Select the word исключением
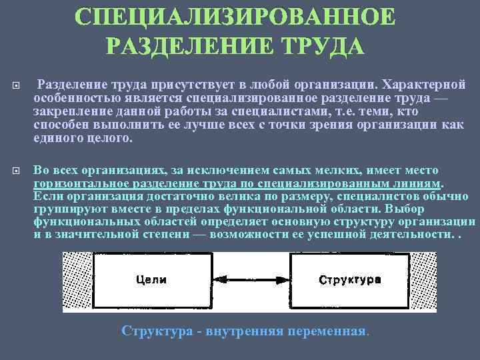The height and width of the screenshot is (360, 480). (195, 170)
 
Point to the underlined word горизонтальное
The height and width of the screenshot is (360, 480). (77, 183)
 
